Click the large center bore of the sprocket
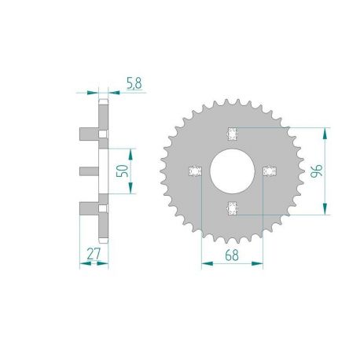click(232, 170)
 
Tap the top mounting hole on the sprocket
click(232, 131)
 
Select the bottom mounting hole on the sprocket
click(232, 208)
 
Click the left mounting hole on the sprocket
click(195, 170)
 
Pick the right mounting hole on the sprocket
click(270, 170)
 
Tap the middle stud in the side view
click(88, 170)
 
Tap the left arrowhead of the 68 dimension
click(204, 263)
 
